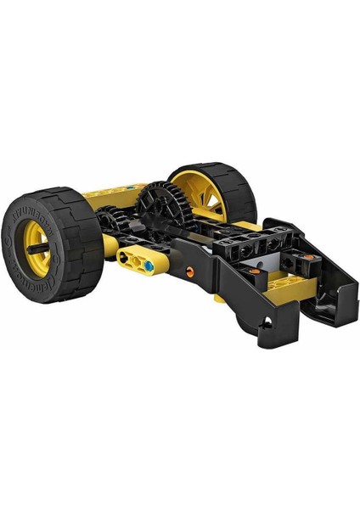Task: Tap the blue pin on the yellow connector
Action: [149, 266]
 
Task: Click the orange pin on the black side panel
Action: [189, 272]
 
